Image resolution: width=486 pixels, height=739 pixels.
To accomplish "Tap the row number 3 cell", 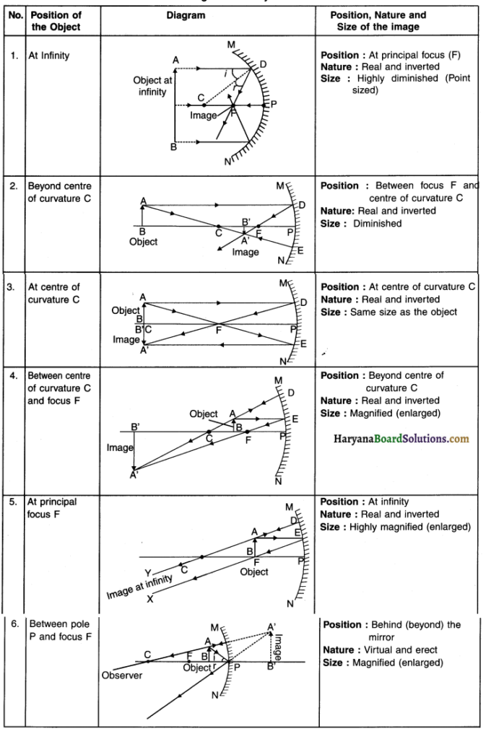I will (x=12, y=287).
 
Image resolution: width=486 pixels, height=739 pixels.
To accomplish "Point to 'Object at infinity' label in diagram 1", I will (x=152, y=86).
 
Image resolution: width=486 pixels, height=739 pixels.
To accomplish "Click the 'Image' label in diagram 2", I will (x=246, y=253).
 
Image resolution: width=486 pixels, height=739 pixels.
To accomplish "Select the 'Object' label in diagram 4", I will (x=204, y=414).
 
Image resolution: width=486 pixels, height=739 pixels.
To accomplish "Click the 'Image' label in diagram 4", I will (x=119, y=447).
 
